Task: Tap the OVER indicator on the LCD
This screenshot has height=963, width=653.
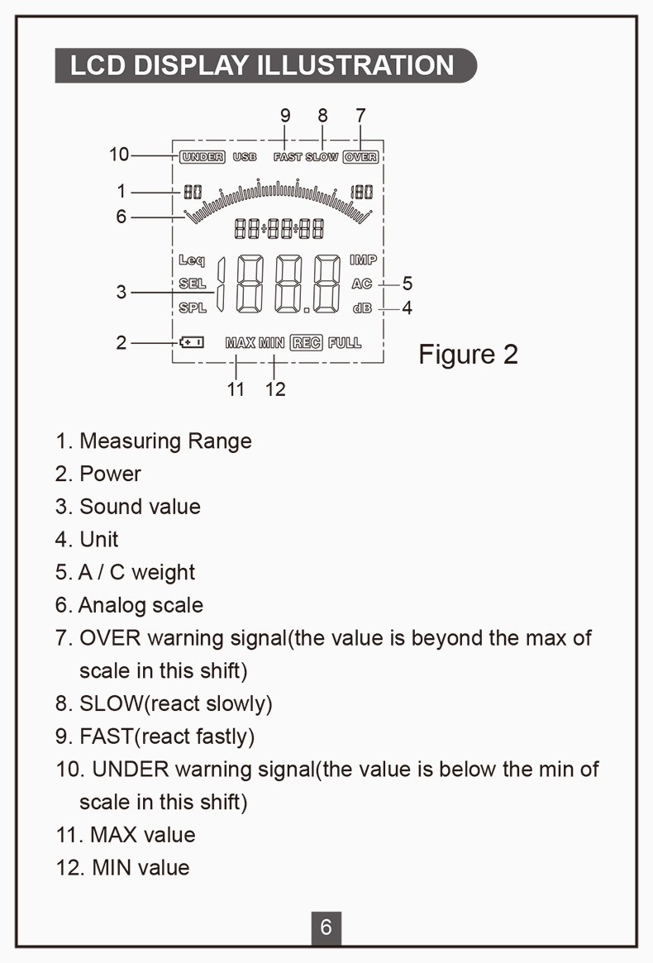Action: click(x=360, y=156)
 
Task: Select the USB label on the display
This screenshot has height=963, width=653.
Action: click(x=245, y=156)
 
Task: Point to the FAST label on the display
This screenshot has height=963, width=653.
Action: click(x=288, y=156)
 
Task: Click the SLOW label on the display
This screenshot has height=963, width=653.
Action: click(x=322, y=156)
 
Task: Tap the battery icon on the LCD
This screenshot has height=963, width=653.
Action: click(x=191, y=341)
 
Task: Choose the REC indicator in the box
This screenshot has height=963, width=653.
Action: click(x=306, y=342)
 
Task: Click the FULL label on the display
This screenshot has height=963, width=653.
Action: click(x=345, y=342)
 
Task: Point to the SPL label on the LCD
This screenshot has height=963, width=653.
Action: click(x=193, y=308)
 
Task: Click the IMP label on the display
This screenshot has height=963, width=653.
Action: click(x=363, y=260)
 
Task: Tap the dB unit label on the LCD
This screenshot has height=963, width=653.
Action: click(x=362, y=308)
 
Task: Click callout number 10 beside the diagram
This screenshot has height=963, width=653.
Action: click(x=119, y=155)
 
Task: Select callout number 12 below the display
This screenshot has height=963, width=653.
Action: click(x=275, y=389)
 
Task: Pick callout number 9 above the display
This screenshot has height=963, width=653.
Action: click(x=285, y=115)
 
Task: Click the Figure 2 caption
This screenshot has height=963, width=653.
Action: click(x=468, y=354)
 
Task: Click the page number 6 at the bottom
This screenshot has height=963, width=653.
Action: click(x=326, y=927)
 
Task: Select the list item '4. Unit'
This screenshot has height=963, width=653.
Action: click(x=87, y=540)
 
